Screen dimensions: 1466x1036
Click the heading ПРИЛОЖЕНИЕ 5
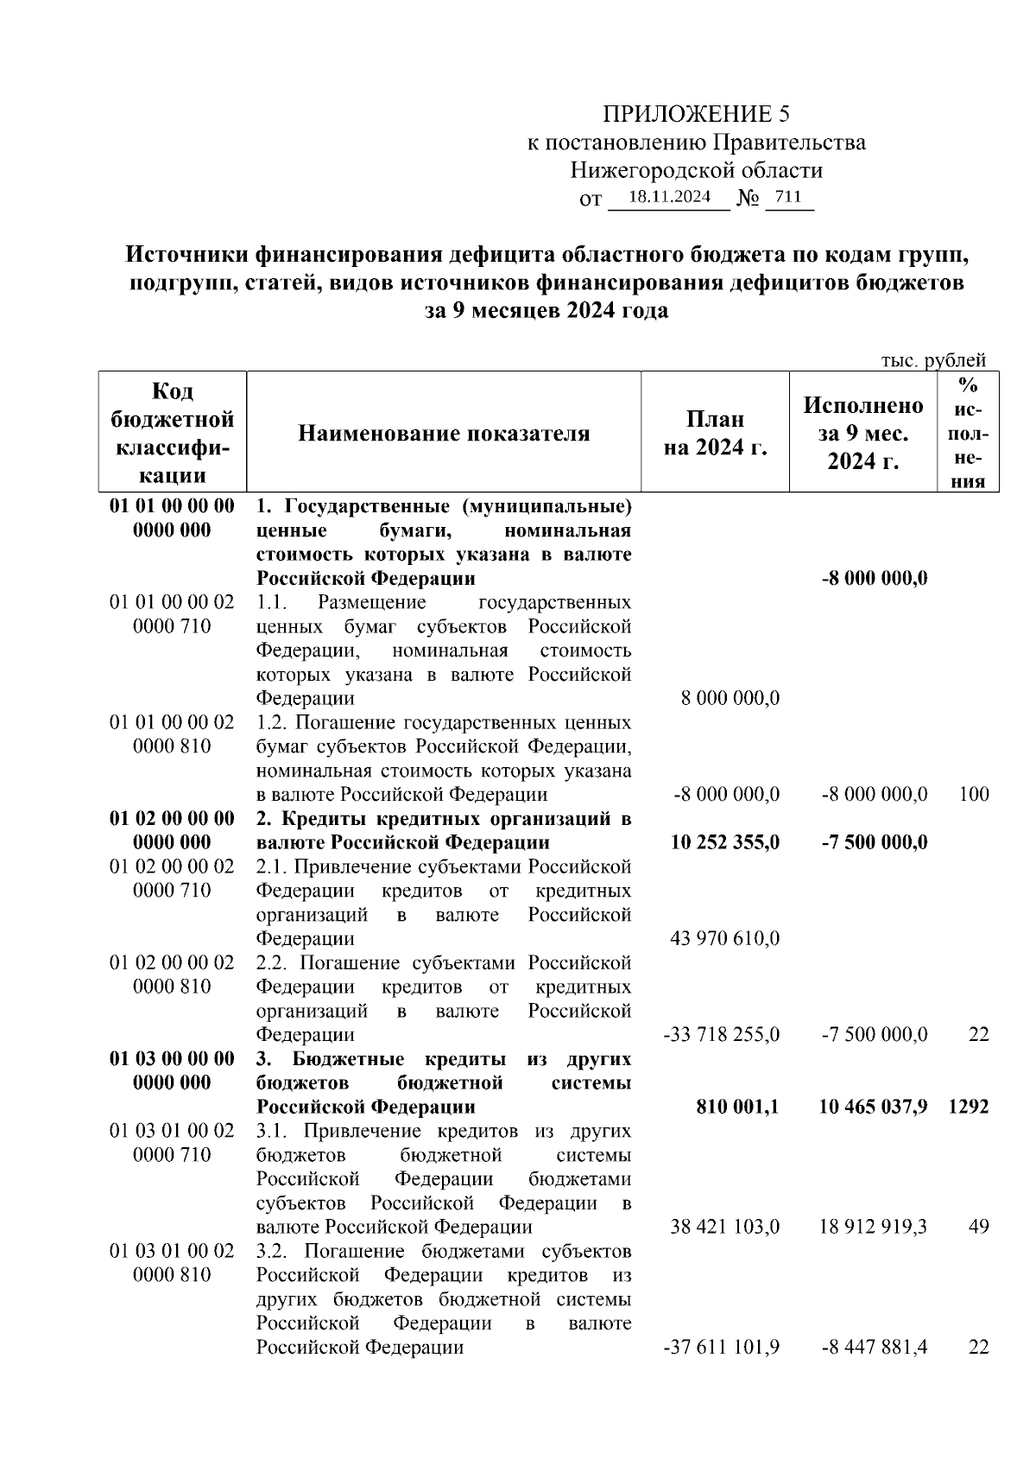coord(696,114)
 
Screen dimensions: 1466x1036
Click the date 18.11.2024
coord(669,197)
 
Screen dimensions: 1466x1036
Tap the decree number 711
coord(788,197)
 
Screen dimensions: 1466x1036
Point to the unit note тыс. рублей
coord(932,360)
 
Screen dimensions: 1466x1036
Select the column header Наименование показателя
coord(444,433)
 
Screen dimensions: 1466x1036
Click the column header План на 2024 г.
coord(715,433)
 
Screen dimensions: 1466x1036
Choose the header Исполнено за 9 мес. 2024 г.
coord(863,433)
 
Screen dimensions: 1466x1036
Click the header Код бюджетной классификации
coord(173,433)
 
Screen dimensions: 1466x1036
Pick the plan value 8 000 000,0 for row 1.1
coord(730,698)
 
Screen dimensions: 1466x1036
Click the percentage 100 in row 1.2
coord(974,794)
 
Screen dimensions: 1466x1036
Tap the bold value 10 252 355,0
coord(724,842)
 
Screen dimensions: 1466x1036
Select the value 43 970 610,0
coord(724,938)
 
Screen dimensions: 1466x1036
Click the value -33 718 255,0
coord(721,1034)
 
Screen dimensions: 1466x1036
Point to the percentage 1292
coord(968,1107)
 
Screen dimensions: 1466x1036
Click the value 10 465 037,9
coord(873,1107)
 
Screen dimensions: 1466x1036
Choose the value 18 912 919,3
coord(873,1227)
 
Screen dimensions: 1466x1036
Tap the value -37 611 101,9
coord(721,1347)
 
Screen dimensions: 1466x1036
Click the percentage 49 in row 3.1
coord(978,1227)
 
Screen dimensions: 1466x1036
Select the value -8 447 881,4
coord(874,1347)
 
